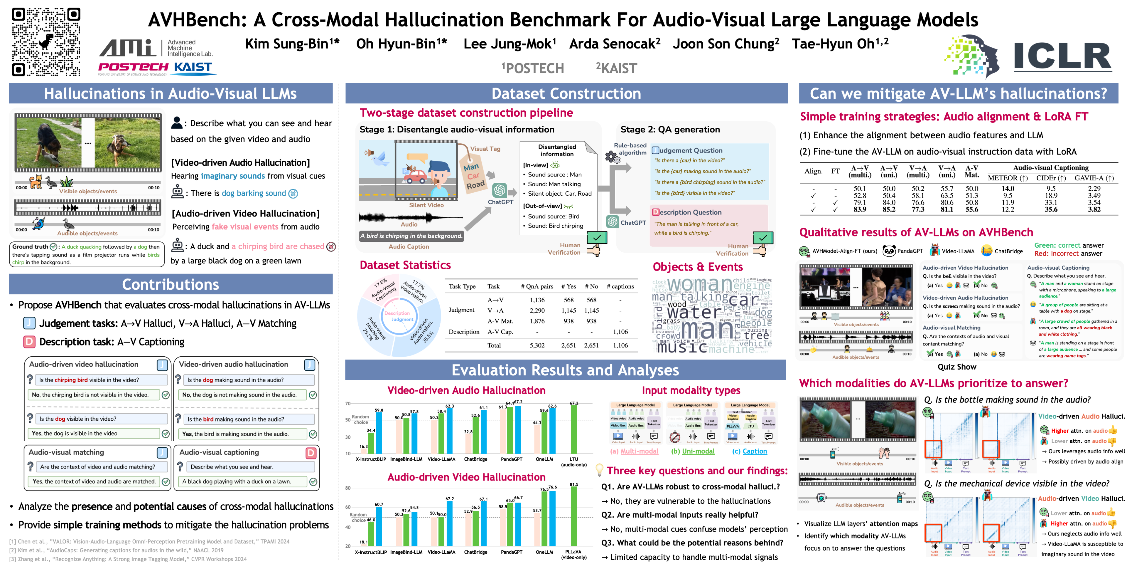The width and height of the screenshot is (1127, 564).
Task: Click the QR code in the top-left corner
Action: click(46, 42)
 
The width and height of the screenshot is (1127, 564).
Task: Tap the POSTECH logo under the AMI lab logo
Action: click(133, 68)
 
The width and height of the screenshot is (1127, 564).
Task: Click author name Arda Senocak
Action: click(614, 44)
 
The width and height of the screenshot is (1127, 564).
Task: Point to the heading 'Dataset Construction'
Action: click(566, 93)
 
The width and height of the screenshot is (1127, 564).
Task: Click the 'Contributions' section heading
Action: click(170, 285)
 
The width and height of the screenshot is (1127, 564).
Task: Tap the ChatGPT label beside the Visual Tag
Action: click(500, 202)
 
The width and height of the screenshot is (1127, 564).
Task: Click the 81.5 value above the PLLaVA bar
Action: click(573, 484)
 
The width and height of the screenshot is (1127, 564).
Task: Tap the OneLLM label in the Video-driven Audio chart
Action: click(544, 459)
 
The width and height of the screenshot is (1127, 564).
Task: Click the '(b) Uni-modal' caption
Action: click(693, 451)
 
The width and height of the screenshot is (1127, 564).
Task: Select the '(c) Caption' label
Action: click(750, 451)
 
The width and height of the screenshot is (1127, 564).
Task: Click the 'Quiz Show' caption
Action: click(957, 367)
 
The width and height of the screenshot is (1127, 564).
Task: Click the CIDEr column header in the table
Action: click(1051, 178)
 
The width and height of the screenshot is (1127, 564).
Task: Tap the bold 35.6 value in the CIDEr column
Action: click(1051, 210)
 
